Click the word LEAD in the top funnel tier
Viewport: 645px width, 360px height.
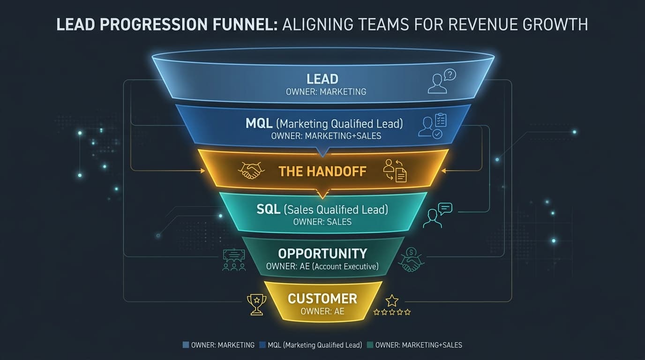(x=322, y=79)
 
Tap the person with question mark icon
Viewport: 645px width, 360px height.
(x=442, y=81)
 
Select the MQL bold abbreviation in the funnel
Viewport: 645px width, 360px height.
(x=259, y=123)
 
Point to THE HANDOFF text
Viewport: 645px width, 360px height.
(x=322, y=172)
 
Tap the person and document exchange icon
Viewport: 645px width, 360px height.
(x=395, y=171)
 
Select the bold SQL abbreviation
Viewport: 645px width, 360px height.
(x=269, y=210)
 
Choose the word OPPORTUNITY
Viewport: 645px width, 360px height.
(x=322, y=254)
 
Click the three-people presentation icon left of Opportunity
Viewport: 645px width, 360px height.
(x=234, y=260)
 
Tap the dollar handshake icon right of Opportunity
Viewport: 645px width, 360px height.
(x=411, y=260)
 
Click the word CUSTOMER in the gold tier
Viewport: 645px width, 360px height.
(x=322, y=299)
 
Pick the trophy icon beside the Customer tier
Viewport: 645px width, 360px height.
(x=256, y=304)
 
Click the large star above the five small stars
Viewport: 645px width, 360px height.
(x=392, y=300)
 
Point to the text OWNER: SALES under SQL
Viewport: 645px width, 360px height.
(x=322, y=222)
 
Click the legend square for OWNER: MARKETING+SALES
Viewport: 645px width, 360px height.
(x=370, y=345)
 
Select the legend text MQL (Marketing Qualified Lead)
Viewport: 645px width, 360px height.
(x=315, y=345)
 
